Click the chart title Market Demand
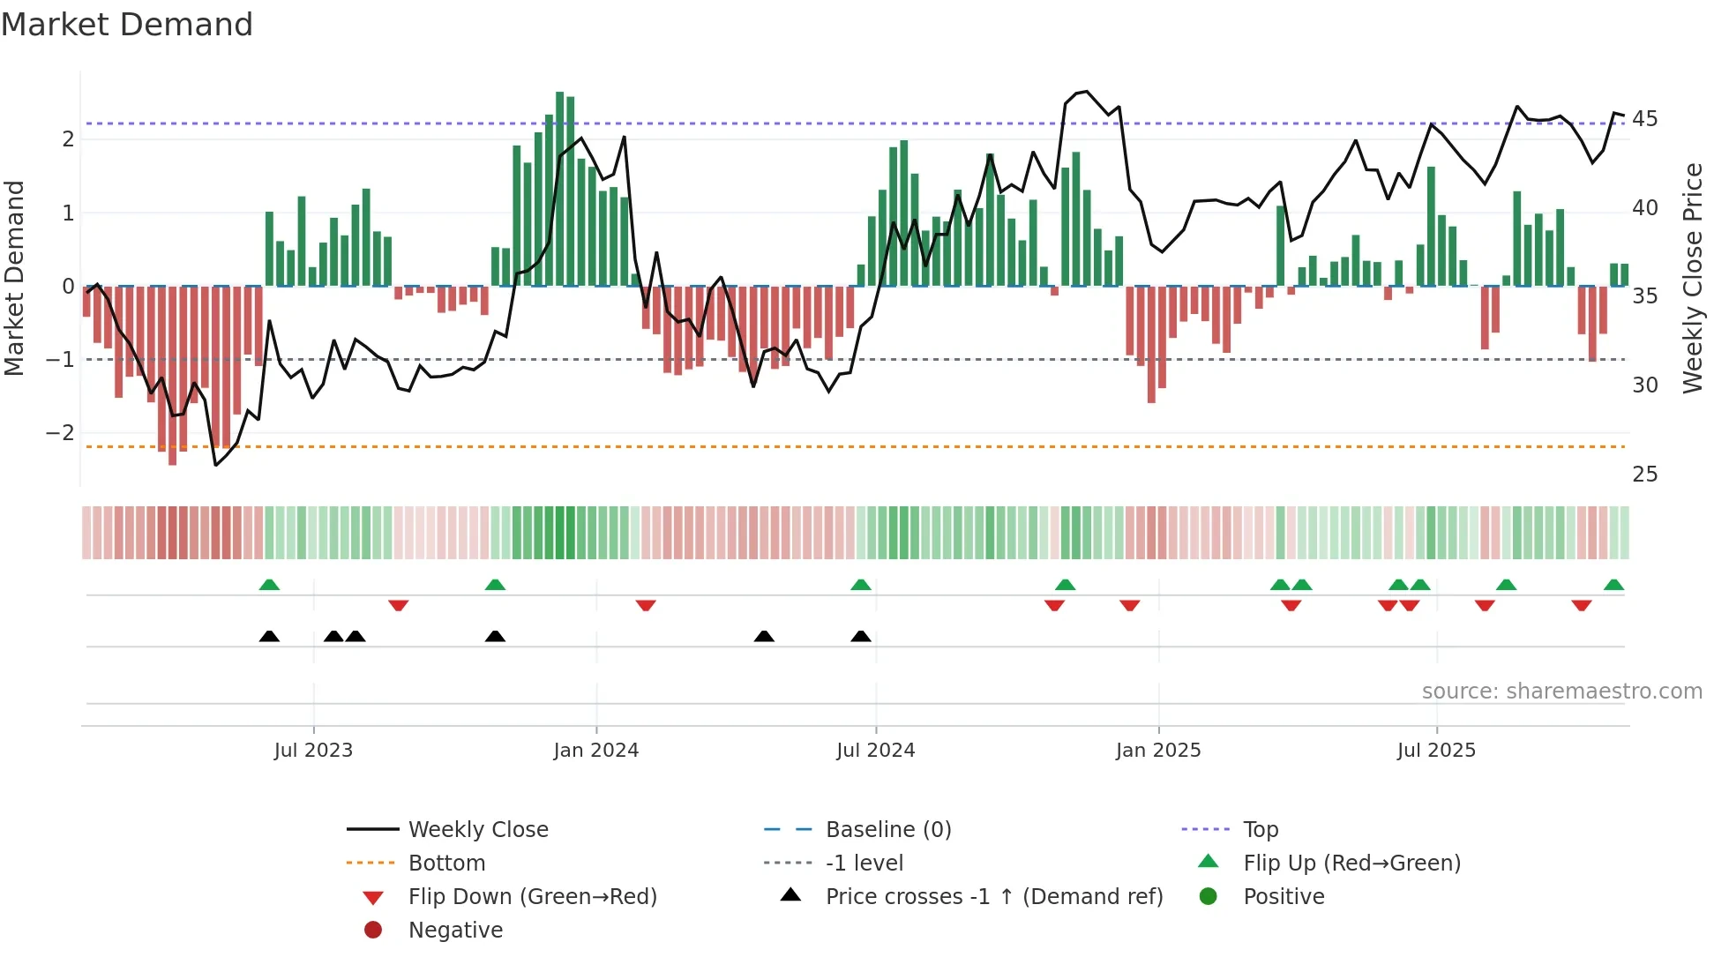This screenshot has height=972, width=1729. [x=127, y=25]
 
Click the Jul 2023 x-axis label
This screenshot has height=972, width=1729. [x=313, y=751]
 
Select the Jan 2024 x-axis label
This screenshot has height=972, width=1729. [x=595, y=751]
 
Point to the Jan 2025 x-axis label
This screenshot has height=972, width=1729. [x=1157, y=751]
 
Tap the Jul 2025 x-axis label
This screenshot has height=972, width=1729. [x=1436, y=751]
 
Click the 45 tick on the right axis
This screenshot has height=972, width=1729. [x=1644, y=118]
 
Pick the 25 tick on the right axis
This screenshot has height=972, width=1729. [x=1644, y=475]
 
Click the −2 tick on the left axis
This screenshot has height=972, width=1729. [x=60, y=433]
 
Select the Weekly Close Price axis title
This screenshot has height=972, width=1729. [x=1692, y=278]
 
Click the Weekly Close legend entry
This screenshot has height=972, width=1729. [x=477, y=830]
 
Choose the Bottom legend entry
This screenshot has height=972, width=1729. [x=446, y=864]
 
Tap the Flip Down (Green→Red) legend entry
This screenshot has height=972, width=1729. [x=532, y=897]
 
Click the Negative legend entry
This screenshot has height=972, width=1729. [x=455, y=931]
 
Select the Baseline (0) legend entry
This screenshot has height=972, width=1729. [x=888, y=830]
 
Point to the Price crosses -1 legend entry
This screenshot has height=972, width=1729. [x=994, y=897]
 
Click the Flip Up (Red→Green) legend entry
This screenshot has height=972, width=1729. [x=1351, y=864]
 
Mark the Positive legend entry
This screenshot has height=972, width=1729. [x=1284, y=897]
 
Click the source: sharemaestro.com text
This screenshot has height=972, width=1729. [x=1561, y=692]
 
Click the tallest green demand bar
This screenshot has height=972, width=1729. [x=560, y=189]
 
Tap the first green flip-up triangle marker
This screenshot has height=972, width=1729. [x=269, y=585]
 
